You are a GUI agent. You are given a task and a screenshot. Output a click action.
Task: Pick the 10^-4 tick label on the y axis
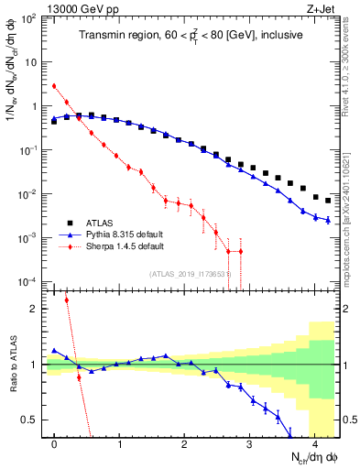[28, 281]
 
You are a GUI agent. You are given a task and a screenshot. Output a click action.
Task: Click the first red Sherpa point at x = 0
[55, 86]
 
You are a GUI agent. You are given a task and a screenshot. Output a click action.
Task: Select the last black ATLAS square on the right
[328, 201]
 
